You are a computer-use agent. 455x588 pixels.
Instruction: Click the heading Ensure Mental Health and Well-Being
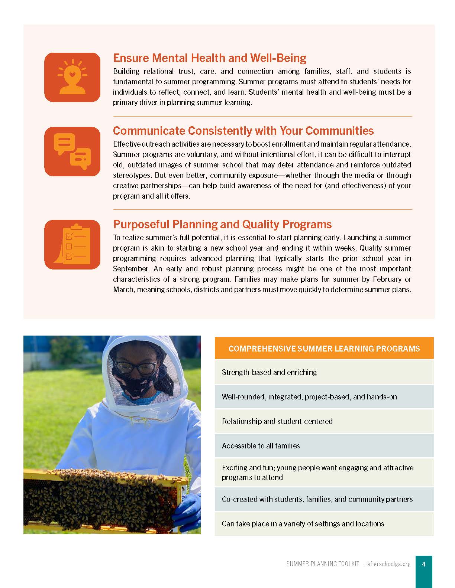coord(210,58)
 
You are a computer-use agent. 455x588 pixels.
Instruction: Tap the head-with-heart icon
coord(72,77)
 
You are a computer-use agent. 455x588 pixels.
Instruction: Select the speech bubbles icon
coord(72,151)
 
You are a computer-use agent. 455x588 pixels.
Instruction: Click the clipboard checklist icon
coord(72,244)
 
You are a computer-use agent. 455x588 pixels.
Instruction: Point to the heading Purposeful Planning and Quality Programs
coord(223,224)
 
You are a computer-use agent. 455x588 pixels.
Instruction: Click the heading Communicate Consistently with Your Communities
coord(243,131)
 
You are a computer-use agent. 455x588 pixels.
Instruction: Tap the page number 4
coord(424,564)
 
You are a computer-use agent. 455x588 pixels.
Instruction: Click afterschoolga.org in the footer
coord(389,564)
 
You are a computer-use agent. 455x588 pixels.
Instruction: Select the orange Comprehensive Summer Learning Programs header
coord(324,348)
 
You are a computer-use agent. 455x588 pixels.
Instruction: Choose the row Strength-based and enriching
coord(324,372)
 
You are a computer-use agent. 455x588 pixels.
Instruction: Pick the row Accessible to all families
coord(324,445)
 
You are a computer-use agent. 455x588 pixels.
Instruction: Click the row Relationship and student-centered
coord(324,421)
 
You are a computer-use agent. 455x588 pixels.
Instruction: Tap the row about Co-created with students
coord(324,499)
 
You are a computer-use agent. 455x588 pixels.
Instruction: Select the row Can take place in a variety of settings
coord(324,524)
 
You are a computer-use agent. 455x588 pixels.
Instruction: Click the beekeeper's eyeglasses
coord(136,367)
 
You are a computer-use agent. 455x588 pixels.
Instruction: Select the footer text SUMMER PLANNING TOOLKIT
coord(323,564)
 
